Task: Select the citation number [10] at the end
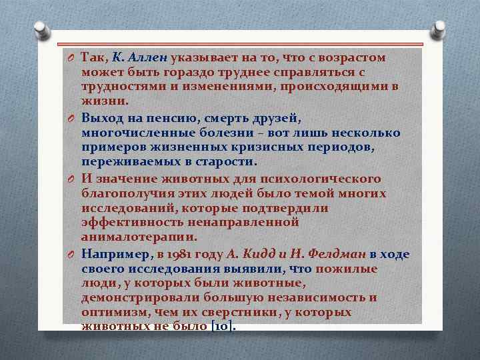pos(223,327)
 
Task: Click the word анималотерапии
pos(139,236)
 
